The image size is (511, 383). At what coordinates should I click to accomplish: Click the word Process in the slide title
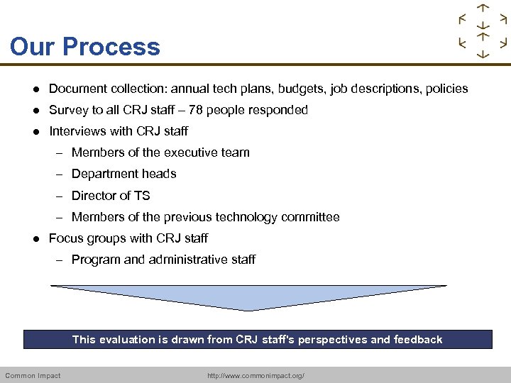pyautogui.click(x=111, y=47)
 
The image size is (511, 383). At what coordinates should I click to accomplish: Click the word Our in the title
pyautogui.click(x=33, y=47)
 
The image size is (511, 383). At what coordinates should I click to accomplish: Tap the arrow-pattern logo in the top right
pyautogui.click(x=483, y=31)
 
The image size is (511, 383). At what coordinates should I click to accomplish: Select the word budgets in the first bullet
pyautogui.click(x=300, y=89)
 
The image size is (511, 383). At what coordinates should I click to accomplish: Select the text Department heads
pyautogui.click(x=123, y=174)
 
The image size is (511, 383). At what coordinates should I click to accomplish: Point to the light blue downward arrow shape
pyautogui.click(x=248, y=297)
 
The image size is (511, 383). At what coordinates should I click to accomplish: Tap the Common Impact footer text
pyautogui.click(x=33, y=375)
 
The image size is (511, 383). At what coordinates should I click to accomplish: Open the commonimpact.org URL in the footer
pyautogui.click(x=255, y=375)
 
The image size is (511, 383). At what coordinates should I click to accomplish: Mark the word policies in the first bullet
pyautogui.click(x=445, y=89)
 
